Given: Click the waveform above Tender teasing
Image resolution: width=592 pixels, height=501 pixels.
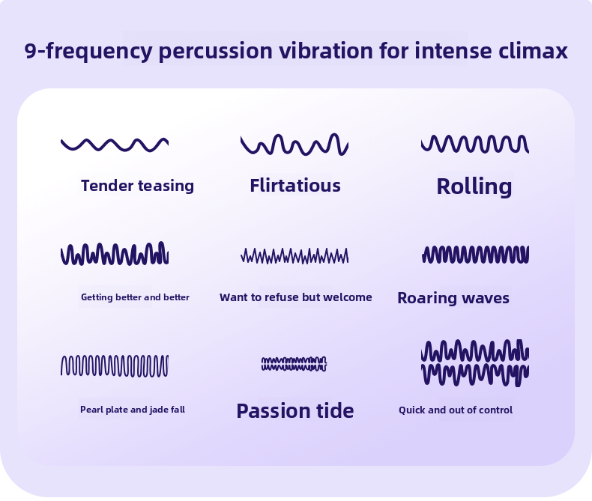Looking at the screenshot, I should [x=115, y=144].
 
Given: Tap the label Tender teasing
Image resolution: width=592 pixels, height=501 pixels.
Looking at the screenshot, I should [x=137, y=186].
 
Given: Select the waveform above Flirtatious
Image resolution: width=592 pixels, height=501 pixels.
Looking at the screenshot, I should [x=295, y=144].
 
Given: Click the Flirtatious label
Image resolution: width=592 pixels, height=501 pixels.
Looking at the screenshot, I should [x=295, y=186].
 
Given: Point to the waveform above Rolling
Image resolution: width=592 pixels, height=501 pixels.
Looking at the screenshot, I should [x=475, y=143].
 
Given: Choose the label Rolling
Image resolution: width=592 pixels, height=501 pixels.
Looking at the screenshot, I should [x=474, y=186].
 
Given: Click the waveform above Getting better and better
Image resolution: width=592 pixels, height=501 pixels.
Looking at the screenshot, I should [x=115, y=254].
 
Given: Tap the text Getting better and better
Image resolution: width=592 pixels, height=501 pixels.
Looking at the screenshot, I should [x=135, y=297].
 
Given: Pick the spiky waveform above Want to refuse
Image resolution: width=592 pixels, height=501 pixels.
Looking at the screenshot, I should [x=295, y=255].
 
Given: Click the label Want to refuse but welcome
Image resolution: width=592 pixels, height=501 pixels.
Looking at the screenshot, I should [x=295, y=297].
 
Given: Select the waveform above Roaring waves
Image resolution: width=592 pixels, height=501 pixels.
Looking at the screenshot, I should [x=475, y=255].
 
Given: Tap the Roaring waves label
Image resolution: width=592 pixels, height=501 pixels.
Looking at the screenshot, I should [x=453, y=298].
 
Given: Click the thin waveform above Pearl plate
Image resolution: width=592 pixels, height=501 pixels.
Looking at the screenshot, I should [x=115, y=365].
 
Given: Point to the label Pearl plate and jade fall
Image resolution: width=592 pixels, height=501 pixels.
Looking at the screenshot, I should [x=132, y=410].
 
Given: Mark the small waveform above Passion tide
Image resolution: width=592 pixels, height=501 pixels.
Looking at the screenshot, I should [x=295, y=364].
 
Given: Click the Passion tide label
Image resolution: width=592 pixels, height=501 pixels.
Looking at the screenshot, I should [x=295, y=410].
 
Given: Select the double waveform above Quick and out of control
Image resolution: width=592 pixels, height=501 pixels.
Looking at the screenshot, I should [x=475, y=362].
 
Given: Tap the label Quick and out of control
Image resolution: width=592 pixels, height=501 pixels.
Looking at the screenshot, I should [x=455, y=410].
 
